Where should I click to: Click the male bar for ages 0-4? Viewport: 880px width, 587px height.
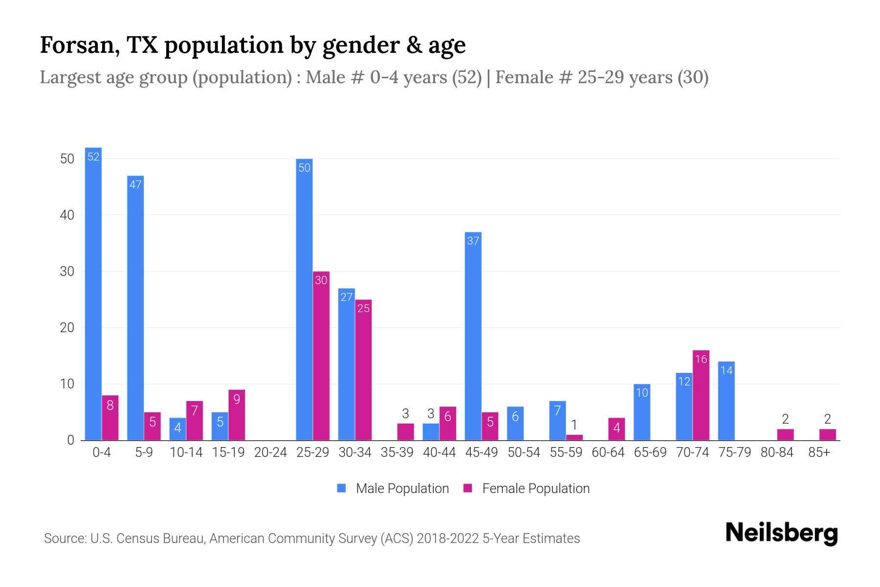(x=93, y=293)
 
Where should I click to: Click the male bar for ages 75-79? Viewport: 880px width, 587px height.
(x=726, y=401)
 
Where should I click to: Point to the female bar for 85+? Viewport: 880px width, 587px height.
(x=828, y=434)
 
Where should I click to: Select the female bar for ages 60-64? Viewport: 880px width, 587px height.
(x=616, y=429)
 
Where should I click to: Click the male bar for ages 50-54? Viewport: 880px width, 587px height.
(x=515, y=424)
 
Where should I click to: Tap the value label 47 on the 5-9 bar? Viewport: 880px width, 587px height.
(x=135, y=184)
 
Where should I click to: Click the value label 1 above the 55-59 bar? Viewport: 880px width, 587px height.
(x=574, y=425)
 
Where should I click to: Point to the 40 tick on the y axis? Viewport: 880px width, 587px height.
(x=67, y=215)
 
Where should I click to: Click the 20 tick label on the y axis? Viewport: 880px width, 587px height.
(x=67, y=328)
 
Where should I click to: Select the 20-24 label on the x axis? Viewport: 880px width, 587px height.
(x=270, y=452)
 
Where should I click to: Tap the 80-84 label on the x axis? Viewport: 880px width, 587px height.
(x=777, y=452)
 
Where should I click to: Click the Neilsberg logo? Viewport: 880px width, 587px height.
(x=781, y=533)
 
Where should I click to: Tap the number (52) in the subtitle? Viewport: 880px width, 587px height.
(x=466, y=77)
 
